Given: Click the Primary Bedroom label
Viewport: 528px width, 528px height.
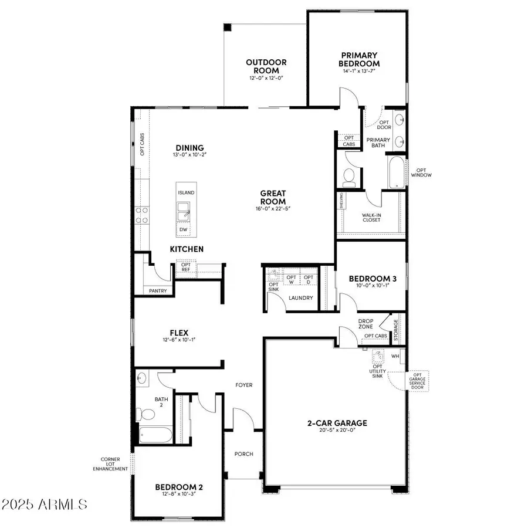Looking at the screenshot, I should [359, 59].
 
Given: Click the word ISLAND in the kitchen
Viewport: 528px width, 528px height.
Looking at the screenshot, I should [187, 192].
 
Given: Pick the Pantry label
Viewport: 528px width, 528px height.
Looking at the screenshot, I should [158, 291].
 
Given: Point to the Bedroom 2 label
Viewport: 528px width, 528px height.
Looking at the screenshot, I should [179, 487].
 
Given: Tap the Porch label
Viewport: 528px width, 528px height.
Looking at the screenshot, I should [243, 453].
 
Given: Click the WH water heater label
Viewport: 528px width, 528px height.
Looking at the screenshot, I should [395, 356].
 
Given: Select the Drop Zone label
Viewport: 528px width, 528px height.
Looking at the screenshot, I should [366, 324].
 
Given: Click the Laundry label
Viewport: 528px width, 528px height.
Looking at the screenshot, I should [300, 298].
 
